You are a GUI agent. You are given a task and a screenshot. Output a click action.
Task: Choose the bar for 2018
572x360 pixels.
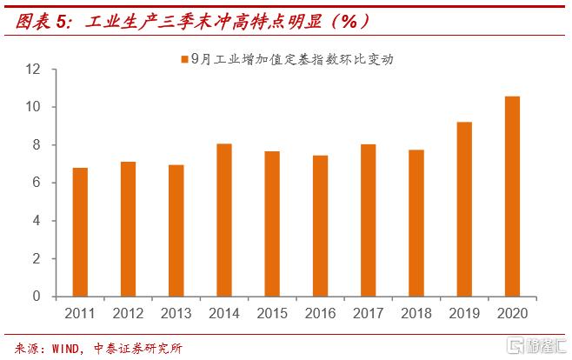[416, 223]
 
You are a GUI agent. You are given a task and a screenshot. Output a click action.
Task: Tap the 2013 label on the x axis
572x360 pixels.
[176, 312]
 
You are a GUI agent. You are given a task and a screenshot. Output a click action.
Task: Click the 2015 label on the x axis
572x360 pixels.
[272, 312]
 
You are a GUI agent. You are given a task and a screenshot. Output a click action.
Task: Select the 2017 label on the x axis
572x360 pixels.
[369, 312]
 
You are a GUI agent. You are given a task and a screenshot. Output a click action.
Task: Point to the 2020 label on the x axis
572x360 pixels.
[513, 312]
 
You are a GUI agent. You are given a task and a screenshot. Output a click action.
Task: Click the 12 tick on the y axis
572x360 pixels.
[36, 69]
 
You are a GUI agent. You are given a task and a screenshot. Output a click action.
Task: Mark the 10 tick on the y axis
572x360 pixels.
[36, 107]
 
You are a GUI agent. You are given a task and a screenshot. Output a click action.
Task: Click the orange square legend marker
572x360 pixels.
[183, 60]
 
